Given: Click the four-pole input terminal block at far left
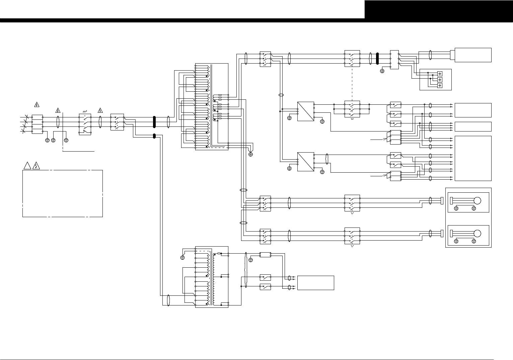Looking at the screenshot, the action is pos(37,124).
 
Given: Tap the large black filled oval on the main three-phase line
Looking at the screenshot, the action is pos(154,122).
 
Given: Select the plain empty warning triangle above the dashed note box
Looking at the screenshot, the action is pos(27,165).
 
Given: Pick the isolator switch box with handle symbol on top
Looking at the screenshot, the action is pos(85,124).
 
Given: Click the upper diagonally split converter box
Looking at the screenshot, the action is pos(306,111).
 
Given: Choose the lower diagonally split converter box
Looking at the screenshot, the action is pos(306,162).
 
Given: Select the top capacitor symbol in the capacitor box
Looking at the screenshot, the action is pos(440,74).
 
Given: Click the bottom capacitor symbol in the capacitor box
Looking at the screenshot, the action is pos(440,86).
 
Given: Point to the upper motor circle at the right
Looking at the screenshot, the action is pos(477,201).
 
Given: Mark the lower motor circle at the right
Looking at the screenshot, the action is pos(477,234).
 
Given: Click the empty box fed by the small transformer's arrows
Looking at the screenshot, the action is pos(315,283).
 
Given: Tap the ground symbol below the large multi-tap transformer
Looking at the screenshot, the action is pos(251,154).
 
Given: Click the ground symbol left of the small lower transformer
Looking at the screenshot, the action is pos(182,257).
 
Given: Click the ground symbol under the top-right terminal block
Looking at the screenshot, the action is pos(382,71).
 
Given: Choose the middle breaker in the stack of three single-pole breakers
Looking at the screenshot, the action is pos(395,114).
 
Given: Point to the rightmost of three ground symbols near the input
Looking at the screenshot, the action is pos(66,140).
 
